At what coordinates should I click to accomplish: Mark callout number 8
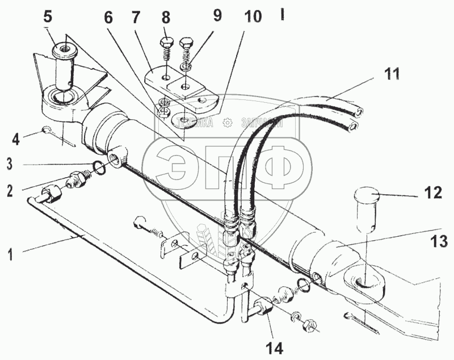coord(166,15)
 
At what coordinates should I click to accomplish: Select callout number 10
coord(252,15)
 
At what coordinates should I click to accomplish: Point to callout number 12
coord(432,192)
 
